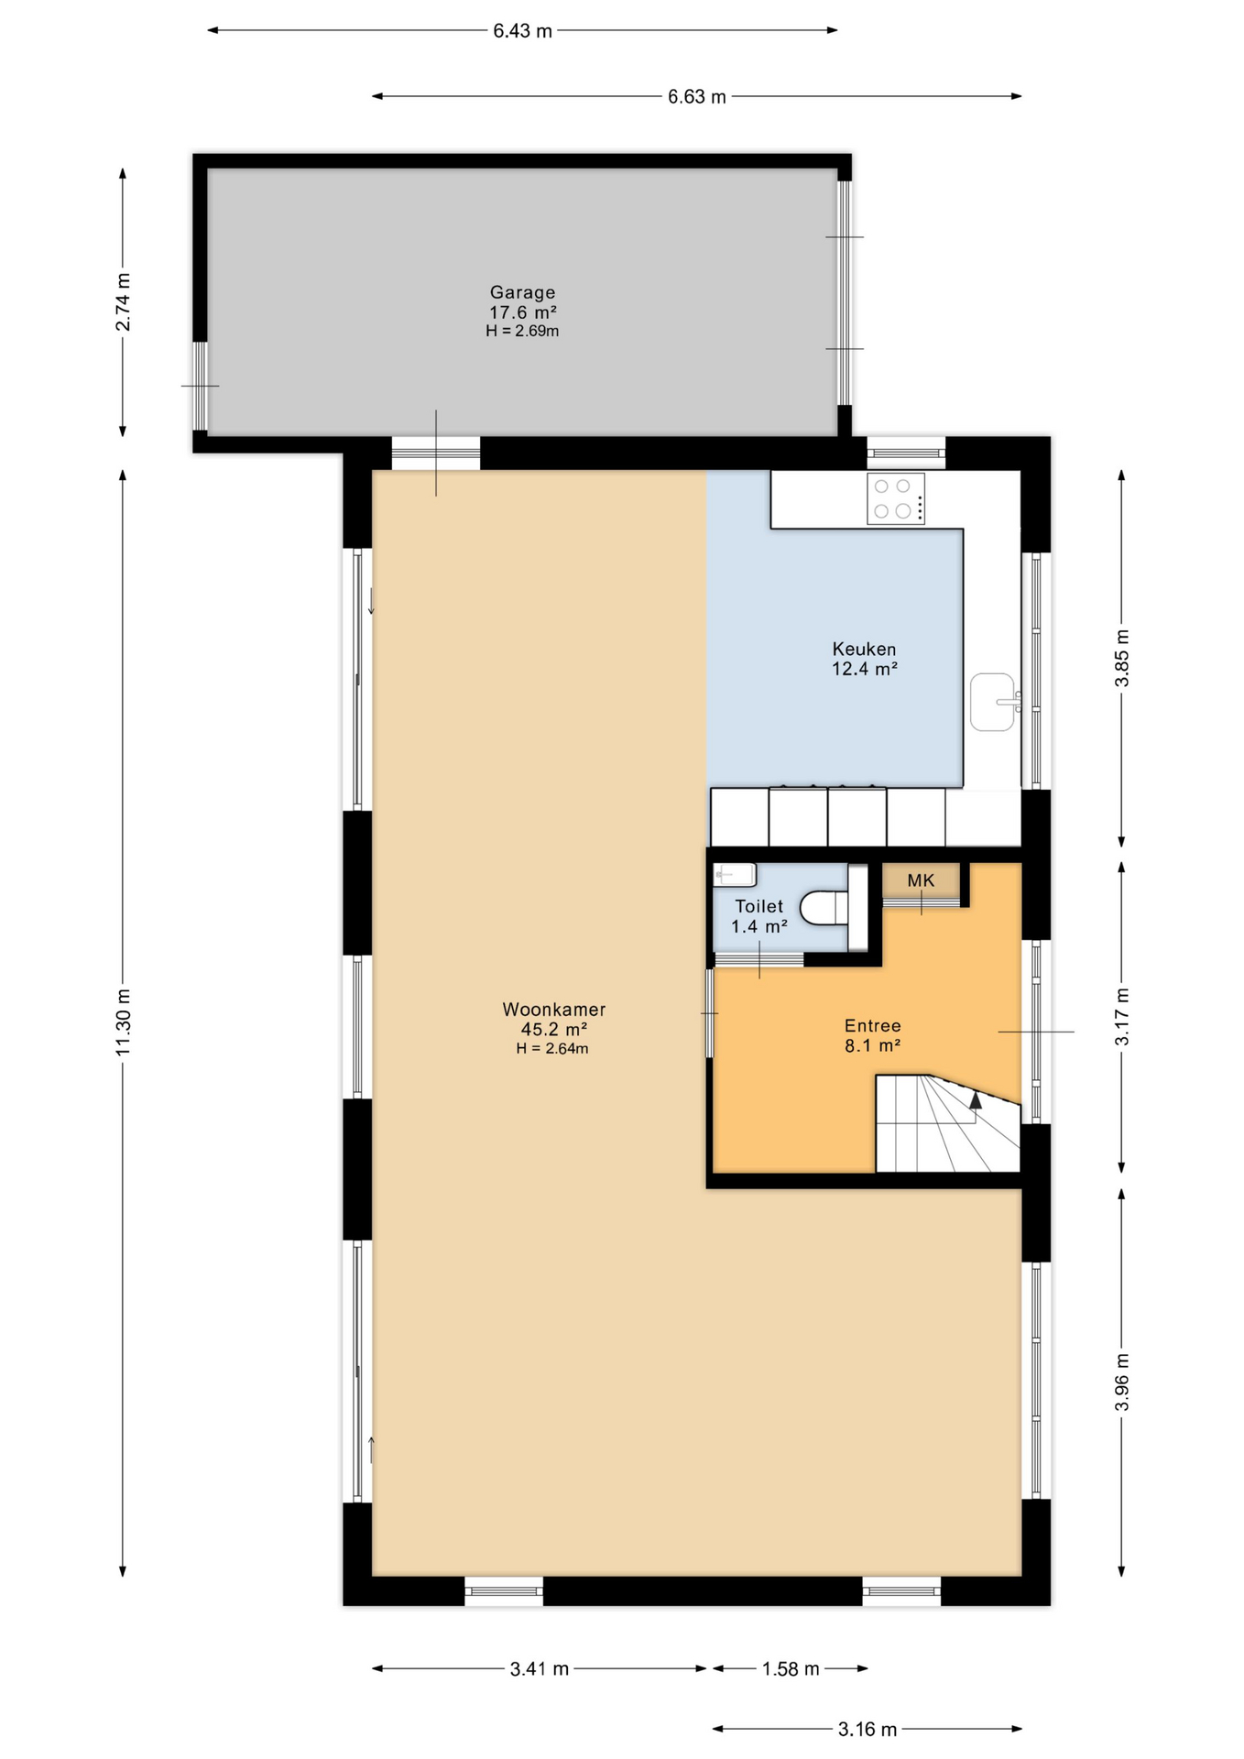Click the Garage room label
[522, 293]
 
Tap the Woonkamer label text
[553, 1010]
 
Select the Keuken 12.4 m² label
[864, 659]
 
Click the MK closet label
[921, 880]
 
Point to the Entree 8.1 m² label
[872, 1035]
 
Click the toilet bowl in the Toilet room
[824, 909]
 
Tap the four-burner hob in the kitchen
[895, 499]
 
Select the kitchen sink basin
[992, 702]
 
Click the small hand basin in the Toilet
[735, 875]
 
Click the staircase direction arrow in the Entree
[976, 1100]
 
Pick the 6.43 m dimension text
[522, 31]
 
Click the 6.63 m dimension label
[696, 97]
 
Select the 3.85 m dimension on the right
[1122, 658]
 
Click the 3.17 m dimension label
[1122, 1017]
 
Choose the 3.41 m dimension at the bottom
[540, 1669]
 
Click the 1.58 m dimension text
[791, 1669]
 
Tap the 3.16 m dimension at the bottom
[867, 1730]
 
